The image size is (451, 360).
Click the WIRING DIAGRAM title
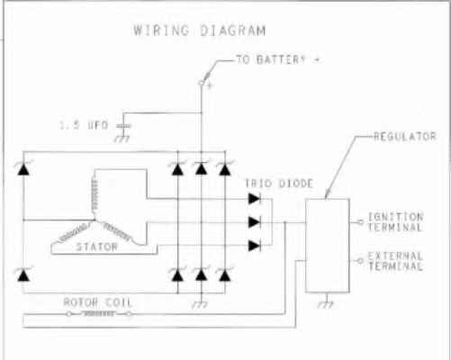(200, 31)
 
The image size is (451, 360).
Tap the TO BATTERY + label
(278, 59)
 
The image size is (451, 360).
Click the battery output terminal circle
(201, 83)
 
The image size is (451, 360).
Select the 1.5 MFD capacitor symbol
(123, 126)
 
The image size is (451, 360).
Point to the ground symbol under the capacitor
(122, 139)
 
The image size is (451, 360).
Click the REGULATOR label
(405, 137)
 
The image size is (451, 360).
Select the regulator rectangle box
(328, 245)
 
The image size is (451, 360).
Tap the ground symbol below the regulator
(326, 304)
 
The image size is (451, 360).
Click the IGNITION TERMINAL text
(395, 222)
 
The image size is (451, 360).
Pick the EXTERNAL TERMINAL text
(395, 261)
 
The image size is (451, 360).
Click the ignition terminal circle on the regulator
(360, 222)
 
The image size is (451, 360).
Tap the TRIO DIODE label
(279, 184)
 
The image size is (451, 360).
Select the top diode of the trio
(255, 198)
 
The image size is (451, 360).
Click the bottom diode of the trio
(255, 246)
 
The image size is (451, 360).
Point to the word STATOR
(97, 247)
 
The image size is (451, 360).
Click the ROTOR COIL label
(97, 302)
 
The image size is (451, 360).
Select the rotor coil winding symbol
(98, 314)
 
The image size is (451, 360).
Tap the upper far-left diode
(23, 168)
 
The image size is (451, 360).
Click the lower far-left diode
(23, 274)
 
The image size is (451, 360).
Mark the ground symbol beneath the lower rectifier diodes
(200, 304)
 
